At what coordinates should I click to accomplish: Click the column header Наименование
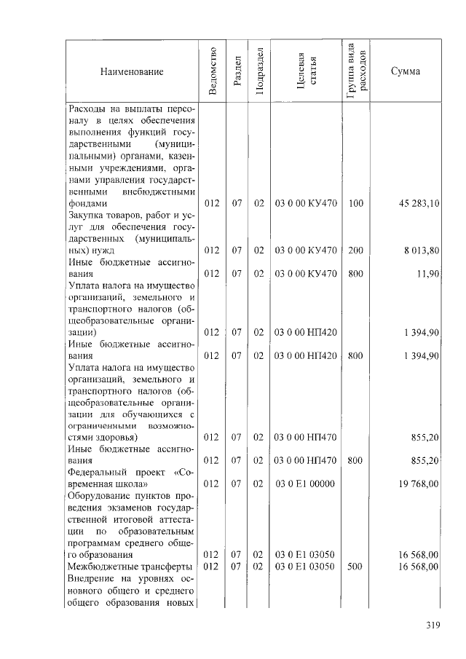132,71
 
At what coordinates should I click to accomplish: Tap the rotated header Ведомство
212,71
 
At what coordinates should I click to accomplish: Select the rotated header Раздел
237,71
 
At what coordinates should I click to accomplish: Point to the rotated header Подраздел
258,71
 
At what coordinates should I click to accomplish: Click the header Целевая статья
306,71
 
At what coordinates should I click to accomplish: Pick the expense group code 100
355,204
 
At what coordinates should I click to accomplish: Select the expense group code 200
355,250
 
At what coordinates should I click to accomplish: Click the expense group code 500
355,566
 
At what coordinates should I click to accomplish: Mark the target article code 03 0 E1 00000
305,483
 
